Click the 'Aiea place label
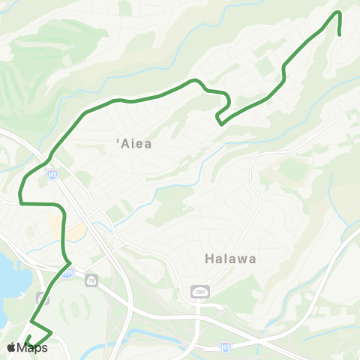point(134,145)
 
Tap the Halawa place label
point(230,259)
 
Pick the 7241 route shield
point(198,290)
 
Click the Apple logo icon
point(11,347)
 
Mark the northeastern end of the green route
point(340,34)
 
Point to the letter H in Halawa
point(209,259)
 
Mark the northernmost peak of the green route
point(338,12)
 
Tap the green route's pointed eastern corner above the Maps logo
point(51,331)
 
